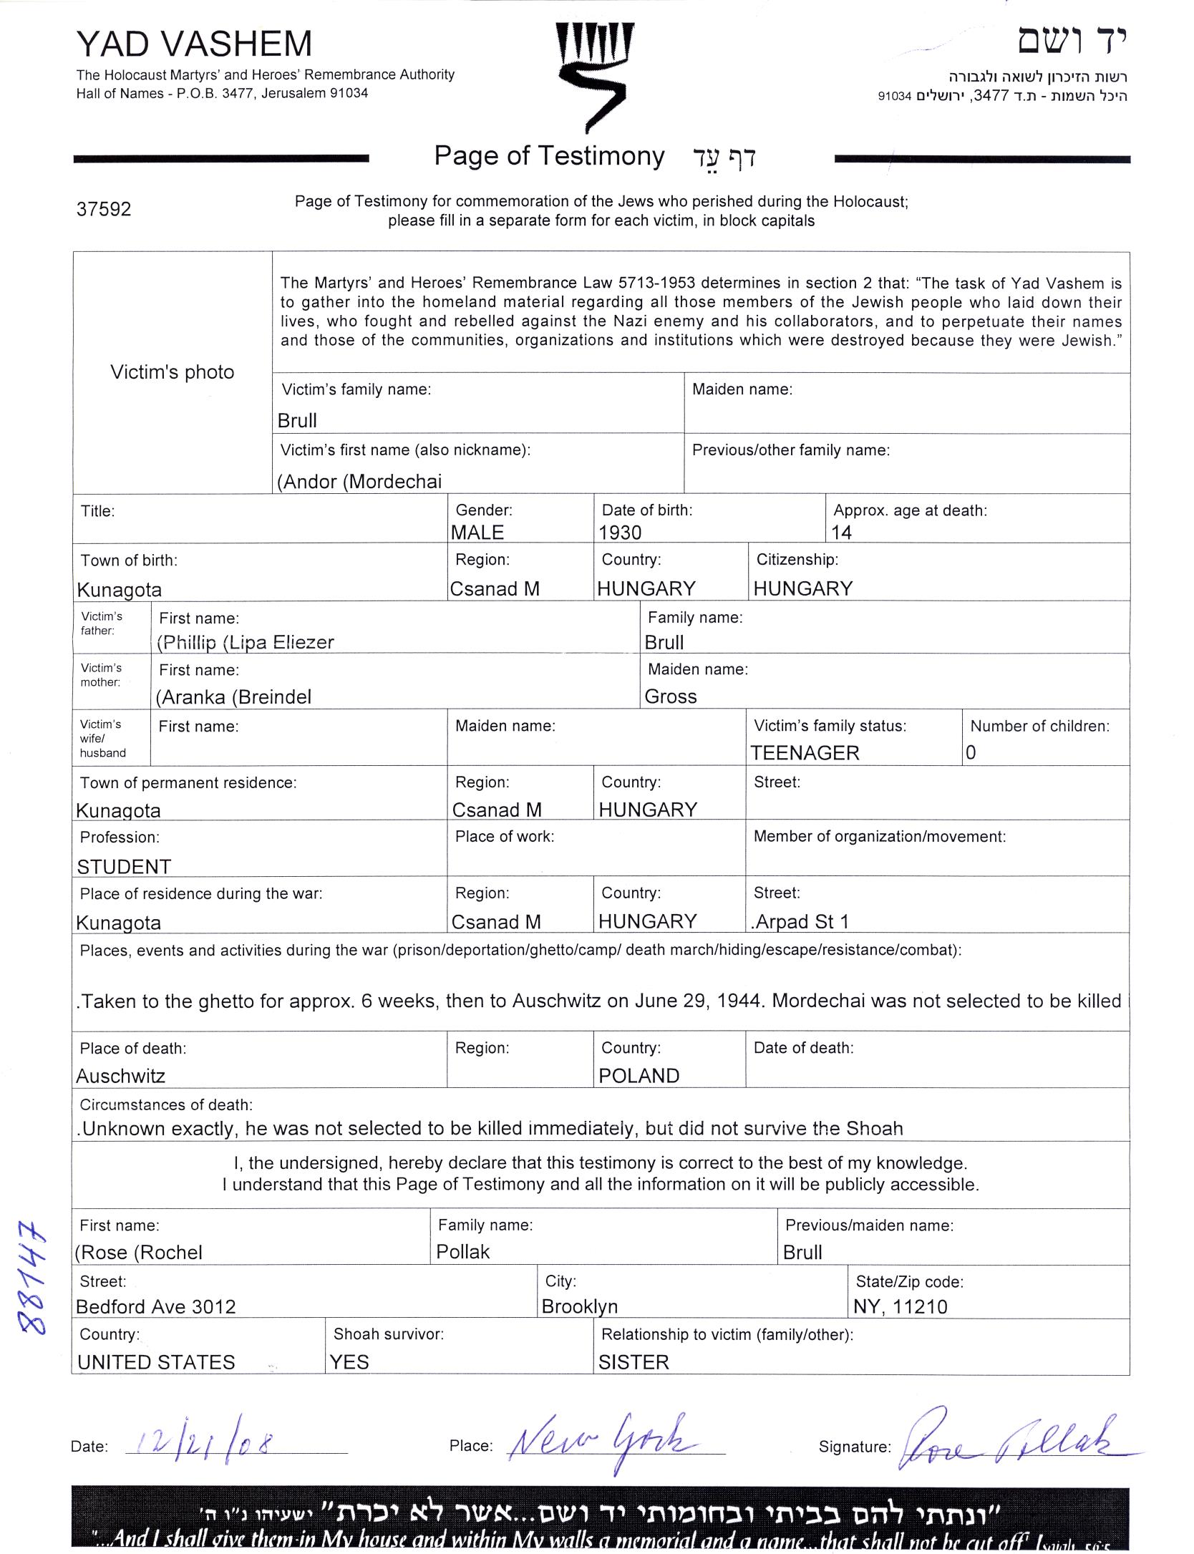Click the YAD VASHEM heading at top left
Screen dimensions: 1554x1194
coord(194,44)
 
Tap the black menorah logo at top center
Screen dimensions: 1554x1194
coord(594,75)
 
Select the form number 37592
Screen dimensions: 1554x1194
coord(104,209)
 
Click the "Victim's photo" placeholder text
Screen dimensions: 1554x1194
coord(172,372)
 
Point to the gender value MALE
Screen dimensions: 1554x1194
coord(477,533)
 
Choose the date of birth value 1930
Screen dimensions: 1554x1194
coord(620,533)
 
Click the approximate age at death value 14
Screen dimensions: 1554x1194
coord(842,533)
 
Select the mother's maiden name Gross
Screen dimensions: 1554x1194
coord(671,696)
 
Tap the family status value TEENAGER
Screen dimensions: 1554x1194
coord(805,753)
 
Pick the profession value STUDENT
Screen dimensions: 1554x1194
coord(124,867)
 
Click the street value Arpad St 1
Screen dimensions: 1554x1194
coord(800,922)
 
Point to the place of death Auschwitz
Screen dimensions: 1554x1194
coord(120,1076)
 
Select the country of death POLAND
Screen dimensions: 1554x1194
coord(639,1076)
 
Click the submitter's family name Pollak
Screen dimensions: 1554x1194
coord(463,1252)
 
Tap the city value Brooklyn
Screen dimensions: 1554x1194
coord(580,1306)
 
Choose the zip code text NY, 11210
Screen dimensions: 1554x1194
coord(901,1307)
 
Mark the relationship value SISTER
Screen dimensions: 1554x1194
coord(634,1362)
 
